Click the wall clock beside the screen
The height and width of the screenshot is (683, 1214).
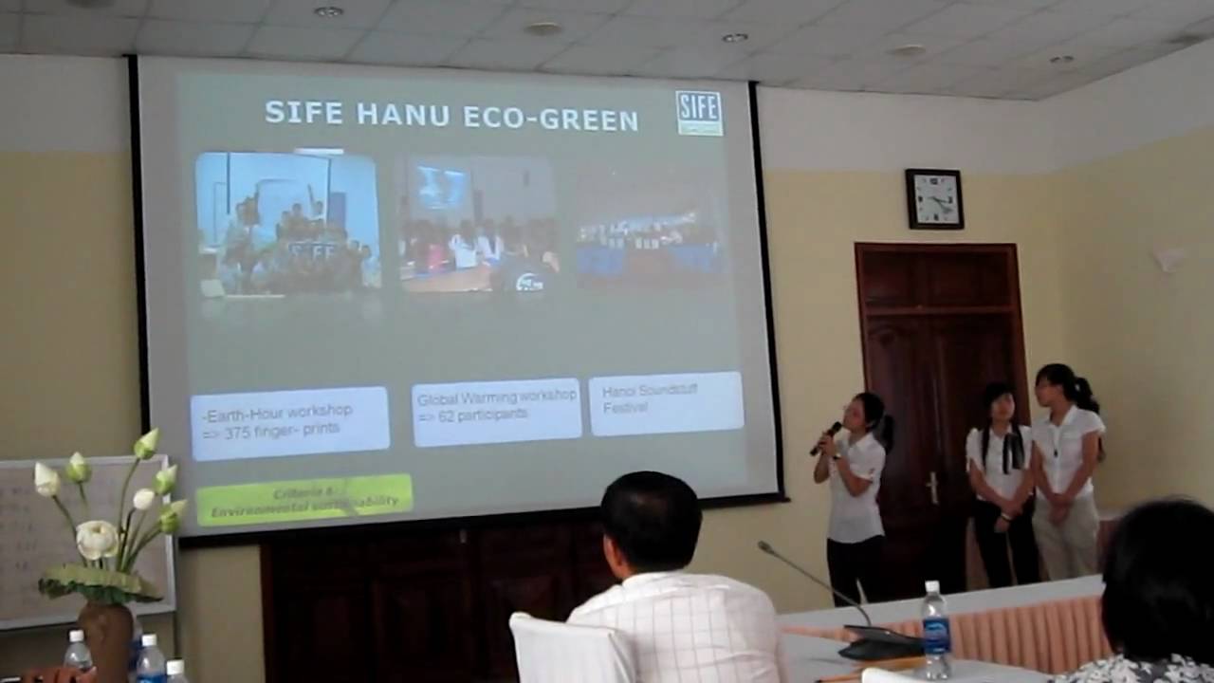click(x=934, y=198)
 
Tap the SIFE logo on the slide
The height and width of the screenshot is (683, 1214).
click(x=699, y=113)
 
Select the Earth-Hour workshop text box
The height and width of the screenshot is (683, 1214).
click(x=289, y=422)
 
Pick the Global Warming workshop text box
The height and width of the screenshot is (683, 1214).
click(x=496, y=411)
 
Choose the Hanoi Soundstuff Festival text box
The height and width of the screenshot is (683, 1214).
click(x=666, y=403)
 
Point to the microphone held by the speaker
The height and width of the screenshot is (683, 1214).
click(x=827, y=436)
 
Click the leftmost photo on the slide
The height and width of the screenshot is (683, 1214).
click(x=287, y=224)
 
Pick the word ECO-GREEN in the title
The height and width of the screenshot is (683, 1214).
click(x=550, y=120)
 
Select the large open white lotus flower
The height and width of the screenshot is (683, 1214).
click(x=97, y=539)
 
